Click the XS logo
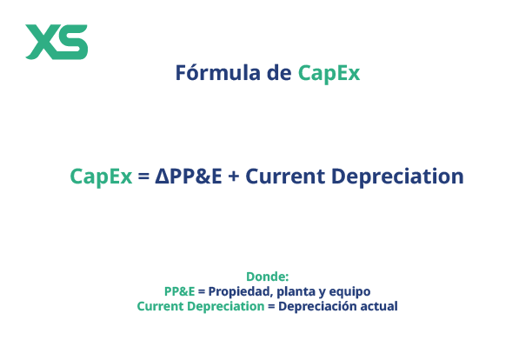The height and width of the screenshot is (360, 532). click(57, 41)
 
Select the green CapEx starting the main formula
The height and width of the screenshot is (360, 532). click(101, 176)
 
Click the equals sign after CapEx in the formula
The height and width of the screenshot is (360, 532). click(144, 177)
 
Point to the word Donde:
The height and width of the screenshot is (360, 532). click(267, 277)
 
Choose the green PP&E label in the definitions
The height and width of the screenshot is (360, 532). click(180, 291)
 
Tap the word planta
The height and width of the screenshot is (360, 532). click(301, 291)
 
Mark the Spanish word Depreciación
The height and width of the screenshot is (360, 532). click(317, 306)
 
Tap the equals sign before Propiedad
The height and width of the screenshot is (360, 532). click(203, 292)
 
